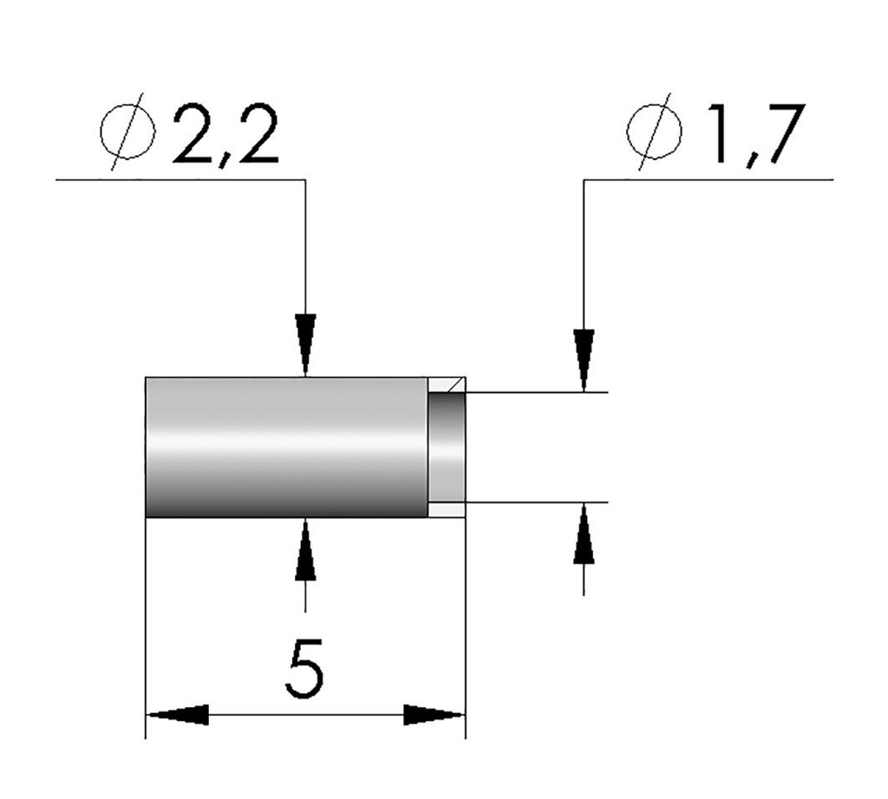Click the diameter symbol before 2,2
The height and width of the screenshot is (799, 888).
(127, 136)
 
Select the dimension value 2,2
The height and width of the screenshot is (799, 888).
(225, 136)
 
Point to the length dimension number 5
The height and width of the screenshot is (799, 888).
(304, 668)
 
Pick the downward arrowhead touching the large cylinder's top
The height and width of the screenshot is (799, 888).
(305, 345)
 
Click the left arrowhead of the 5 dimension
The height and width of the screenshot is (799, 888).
(178, 715)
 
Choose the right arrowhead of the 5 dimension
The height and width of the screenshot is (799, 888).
(434, 715)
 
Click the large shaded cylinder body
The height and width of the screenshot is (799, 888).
(286, 447)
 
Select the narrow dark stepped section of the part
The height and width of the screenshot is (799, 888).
(447, 447)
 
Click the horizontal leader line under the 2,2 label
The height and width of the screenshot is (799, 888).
(173, 179)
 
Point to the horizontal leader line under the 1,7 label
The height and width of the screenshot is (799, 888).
(711, 179)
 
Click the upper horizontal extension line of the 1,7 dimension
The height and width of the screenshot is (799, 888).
(538, 393)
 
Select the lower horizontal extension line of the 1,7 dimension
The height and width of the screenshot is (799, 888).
(538, 502)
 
